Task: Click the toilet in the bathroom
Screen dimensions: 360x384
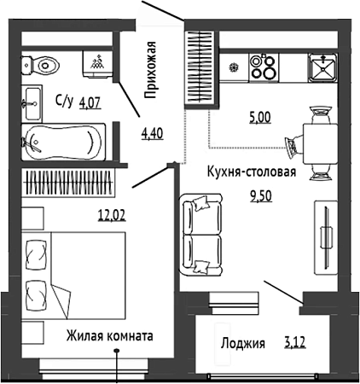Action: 40,66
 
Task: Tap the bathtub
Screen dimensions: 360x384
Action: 63,143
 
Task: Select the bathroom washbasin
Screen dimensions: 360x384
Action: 32,103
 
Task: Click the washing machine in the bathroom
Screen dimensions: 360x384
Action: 97,64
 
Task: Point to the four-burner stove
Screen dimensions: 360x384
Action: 264,67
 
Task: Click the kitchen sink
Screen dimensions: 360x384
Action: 323,67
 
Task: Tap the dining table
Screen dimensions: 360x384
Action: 320,143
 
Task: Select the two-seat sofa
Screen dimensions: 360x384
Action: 201,235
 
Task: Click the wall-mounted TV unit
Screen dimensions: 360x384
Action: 326,237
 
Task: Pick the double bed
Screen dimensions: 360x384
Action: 73,276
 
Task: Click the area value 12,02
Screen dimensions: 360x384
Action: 112,215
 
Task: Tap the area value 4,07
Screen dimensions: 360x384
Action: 90,102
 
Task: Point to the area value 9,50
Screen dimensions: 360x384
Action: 261,196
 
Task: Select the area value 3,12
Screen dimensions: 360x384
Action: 294,343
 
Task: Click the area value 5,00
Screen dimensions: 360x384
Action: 260,117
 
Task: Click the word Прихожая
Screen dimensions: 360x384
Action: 149,70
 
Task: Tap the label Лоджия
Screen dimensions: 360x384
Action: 243,343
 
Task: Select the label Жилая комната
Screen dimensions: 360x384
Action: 110,335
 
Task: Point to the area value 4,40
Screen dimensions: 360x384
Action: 153,134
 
